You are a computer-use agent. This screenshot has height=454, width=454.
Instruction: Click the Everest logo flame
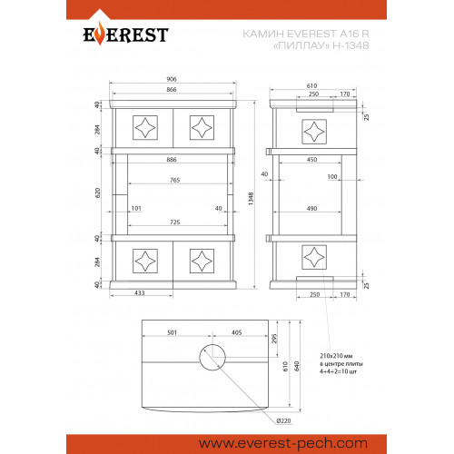pyautogui.click(x=99, y=35)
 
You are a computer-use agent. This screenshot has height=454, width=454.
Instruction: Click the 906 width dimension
pyautogui.click(x=172, y=79)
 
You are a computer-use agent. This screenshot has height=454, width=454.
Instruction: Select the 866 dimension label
pyautogui.click(x=172, y=90)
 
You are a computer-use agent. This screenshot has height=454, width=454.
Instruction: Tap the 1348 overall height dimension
pyautogui.click(x=251, y=199)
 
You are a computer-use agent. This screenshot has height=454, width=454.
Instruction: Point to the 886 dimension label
pyautogui.click(x=172, y=160)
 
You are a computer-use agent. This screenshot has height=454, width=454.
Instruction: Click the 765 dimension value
pyautogui.click(x=175, y=180)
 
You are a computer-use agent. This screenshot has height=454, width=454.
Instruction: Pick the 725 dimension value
pyautogui.click(x=175, y=222)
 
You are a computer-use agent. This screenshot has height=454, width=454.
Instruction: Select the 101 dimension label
pyautogui.click(x=136, y=208)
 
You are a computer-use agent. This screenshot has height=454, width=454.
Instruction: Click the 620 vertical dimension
pyautogui.click(x=97, y=192)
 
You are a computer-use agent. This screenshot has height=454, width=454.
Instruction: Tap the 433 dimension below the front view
pyautogui.click(x=140, y=293)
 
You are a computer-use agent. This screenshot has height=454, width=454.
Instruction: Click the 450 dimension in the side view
pyautogui.click(x=312, y=160)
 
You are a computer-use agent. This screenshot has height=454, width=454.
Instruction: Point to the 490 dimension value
pyautogui.click(x=312, y=209)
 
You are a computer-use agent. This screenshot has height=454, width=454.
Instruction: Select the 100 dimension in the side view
pyautogui.click(x=332, y=177)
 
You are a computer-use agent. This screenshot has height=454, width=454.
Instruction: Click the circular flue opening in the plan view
pyautogui.click(x=212, y=344)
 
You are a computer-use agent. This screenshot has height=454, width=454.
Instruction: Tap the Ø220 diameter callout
pyautogui.click(x=283, y=420)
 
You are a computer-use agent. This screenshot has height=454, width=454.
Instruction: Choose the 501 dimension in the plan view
pyautogui.click(x=172, y=332)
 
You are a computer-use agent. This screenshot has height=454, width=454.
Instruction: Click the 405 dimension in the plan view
pyautogui.click(x=237, y=332)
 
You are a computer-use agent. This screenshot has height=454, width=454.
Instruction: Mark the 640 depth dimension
pyautogui.click(x=297, y=366)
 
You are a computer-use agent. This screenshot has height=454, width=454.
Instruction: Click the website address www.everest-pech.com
pyautogui.click(x=283, y=444)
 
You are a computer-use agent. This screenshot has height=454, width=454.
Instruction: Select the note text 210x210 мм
pyautogui.click(x=336, y=356)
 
